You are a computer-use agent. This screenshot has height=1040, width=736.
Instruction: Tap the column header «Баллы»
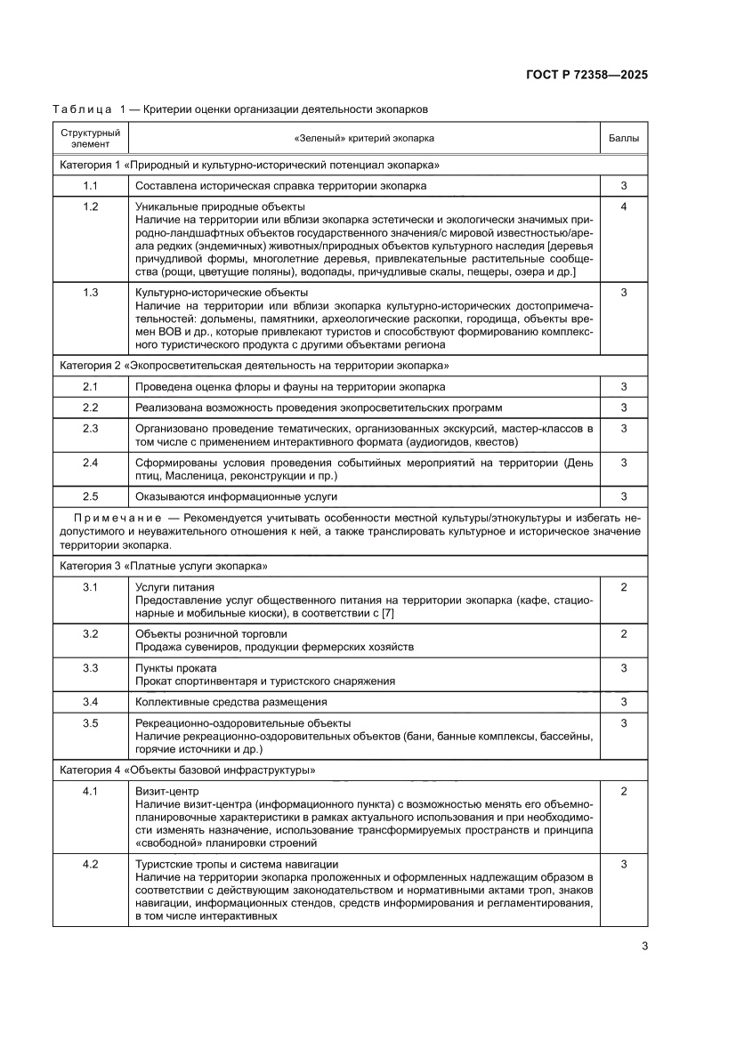(x=623, y=139)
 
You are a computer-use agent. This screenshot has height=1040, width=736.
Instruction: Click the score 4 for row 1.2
(x=623, y=207)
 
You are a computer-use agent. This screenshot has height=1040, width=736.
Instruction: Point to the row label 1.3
(x=90, y=293)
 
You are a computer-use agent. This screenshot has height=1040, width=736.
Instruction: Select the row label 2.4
(x=90, y=463)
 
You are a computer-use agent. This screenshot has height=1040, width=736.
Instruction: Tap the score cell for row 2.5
(x=623, y=496)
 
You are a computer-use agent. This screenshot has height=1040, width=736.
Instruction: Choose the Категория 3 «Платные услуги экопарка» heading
(x=164, y=567)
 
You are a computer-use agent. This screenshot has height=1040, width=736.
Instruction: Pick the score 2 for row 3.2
(x=623, y=633)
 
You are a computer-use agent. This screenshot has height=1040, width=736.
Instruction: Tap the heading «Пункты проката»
(x=175, y=668)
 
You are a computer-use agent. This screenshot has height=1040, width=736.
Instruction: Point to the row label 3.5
(x=90, y=723)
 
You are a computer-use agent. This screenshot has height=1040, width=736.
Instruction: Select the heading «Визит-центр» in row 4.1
(x=166, y=792)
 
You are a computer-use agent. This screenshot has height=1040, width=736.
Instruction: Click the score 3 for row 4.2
(x=623, y=864)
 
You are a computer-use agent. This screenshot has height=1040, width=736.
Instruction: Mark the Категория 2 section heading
(x=254, y=366)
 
